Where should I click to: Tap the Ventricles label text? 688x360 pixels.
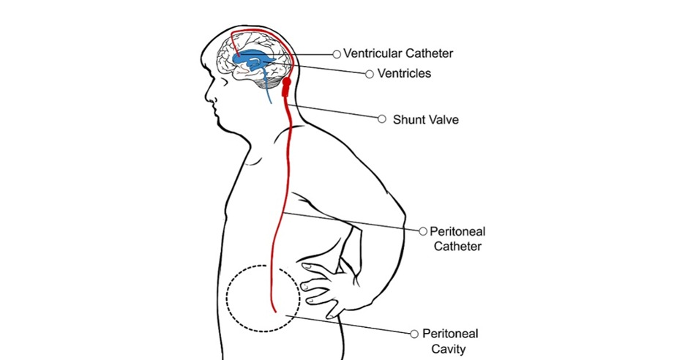coord(404,74)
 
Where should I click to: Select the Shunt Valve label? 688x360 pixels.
coord(426,119)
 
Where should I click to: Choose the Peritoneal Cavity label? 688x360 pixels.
coord(450,341)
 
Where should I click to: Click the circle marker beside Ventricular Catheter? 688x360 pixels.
coord(337,53)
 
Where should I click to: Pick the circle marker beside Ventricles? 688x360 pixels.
coord(370,74)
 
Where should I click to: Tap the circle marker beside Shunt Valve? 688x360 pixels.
coord(381,119)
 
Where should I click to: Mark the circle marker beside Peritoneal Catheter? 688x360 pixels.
coord(422,231)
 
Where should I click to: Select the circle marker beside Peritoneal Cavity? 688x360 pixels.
coord(415,333)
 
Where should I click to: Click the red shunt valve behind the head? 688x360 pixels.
coord(286,88)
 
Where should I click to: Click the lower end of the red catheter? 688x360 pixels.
coord(273,310)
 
